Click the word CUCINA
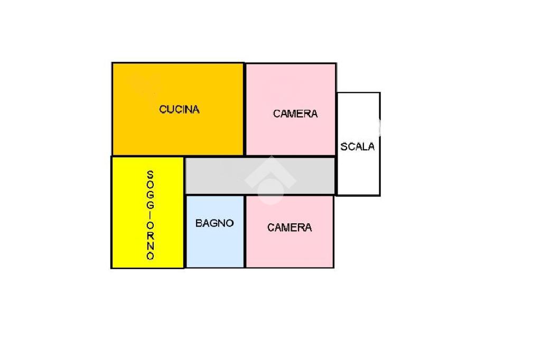click(179, 109)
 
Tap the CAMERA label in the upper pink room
click(295, 113)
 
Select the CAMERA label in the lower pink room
click(290, 227)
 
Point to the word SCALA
click(358, 147)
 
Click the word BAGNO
click(214, 223)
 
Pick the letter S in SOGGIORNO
click(150, 175)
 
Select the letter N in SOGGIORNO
click(150, 245)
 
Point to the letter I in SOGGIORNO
click(150, 215)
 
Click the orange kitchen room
click(178, 109)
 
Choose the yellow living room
click(148, 212)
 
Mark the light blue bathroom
click(215, 231)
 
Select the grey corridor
click(260, 176)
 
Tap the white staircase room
click(359, 144)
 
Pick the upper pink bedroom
click(291, 109)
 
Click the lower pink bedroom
click(290, 231)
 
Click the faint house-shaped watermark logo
click(270, 180)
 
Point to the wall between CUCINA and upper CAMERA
click(245, 109)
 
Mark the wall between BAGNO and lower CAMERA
click(245, 231)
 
